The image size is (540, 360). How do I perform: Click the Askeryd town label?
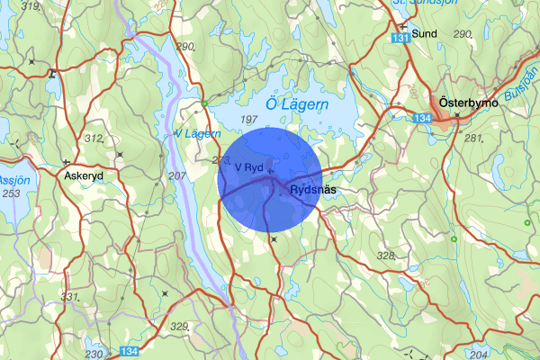pyautogui.click(x=85, y=176)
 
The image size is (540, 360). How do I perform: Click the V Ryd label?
pyautogui.click(x=247, y=167)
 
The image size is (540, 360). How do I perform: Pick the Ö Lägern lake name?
pyautogui.click(x=297, y=105)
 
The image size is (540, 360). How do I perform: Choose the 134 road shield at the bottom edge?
pyautogui.click(x=130, y=353)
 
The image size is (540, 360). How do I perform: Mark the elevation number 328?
pyautogui.click(x=386, y=256)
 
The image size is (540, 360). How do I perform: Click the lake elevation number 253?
pyautogui.click(x=12, y=193)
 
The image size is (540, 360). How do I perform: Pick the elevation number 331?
pyautogui.click(x=70, y=296)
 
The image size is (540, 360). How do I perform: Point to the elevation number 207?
pyautogui.click(x=176, y=175)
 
